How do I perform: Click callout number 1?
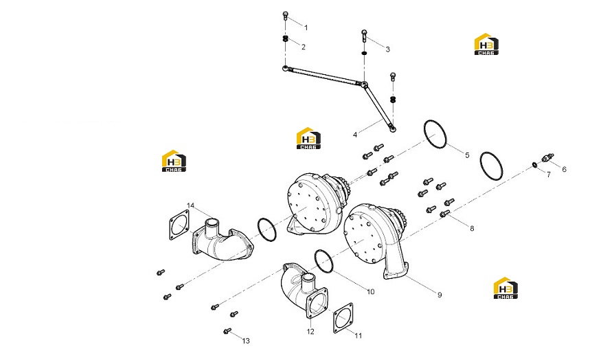tap(306, 27)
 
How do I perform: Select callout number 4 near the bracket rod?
tap(355, 135)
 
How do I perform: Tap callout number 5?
tap(467, 155)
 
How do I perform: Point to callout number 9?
tap(440, 295)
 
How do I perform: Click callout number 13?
tap(246, 341)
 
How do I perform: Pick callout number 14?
tap(191, 205)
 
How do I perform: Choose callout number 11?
tap(358, 335)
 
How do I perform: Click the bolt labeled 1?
tap(286, 16)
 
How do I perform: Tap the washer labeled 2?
tap(286, 38)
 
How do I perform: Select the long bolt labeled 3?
tap(364, 36)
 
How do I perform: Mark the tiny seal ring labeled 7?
tap(535, 165)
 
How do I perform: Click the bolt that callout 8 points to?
tap(445, 214)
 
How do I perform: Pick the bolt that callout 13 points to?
tap(227, 331)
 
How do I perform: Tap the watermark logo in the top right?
tap(486, 44)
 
